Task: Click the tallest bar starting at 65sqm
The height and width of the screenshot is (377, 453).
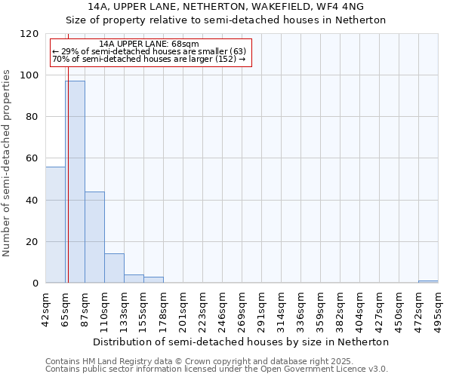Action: (x=75, y=182)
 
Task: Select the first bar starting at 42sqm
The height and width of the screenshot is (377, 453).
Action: (x=55, y=225)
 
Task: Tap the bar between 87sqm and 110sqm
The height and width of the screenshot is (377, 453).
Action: (x=94, y=238)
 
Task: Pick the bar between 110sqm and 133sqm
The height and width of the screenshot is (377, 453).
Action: (x=114, y=268)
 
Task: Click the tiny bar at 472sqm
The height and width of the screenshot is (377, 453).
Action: (x=428, y=282)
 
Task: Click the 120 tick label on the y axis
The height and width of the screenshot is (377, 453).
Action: (x=29, y=34)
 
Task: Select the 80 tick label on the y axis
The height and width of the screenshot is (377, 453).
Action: (x=32, y=117)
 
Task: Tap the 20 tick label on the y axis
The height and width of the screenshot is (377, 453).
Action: (x=32, y=242)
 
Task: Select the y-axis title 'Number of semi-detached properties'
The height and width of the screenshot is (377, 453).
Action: (x=7, y=158)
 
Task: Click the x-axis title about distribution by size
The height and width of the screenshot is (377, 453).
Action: (x=245, y=342)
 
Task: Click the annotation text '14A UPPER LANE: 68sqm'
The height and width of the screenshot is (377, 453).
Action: (x=149, y=44)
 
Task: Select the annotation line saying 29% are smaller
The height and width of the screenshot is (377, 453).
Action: (x=149, y=51)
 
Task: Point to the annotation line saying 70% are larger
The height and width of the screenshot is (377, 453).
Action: (x=149, y=59)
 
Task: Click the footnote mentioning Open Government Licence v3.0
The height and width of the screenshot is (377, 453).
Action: (x=217, y=369)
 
